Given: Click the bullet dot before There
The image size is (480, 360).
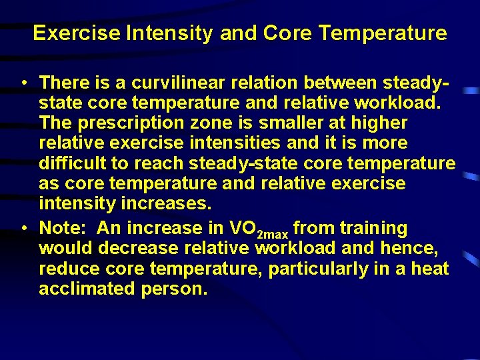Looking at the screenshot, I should [24, 83].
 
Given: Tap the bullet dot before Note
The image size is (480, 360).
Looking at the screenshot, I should [24, 229].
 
